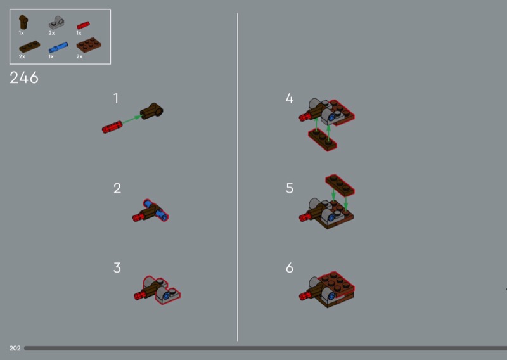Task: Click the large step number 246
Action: tap(24, 77)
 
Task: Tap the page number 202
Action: tap(15, 349)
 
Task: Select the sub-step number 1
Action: tap(116, 98)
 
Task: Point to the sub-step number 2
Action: tap(117, 188)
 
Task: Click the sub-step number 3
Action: tap(117, 268)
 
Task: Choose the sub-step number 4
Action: tap(290, 98)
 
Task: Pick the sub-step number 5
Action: tap(290, 188)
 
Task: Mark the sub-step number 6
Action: tap(290, 268)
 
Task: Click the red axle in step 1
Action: tap(112, 127)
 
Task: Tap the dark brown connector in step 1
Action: tap(151, 111)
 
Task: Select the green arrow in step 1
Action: tap(132, 119)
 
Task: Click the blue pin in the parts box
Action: tap(58, 48)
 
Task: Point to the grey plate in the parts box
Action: tap(56, 23)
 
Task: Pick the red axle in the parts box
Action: tap(83, 25)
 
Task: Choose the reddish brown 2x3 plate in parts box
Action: tap(89, 45)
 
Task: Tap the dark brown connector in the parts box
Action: tap(23, 22)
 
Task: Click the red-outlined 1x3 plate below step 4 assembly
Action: tap(323, 139)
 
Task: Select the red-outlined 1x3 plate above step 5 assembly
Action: tap(340, 185)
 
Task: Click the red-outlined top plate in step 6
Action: tap(336, 284)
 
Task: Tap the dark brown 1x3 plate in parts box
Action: tap(29, 46)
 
